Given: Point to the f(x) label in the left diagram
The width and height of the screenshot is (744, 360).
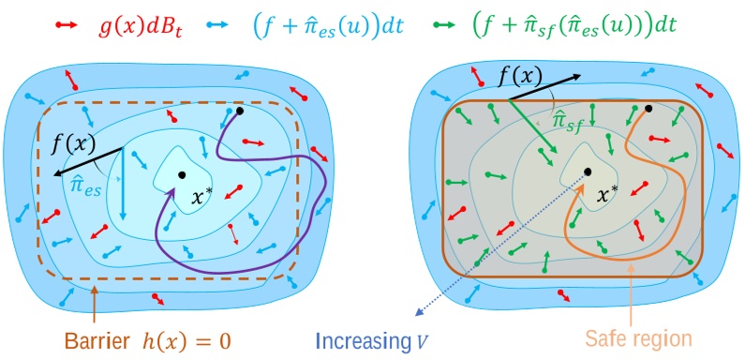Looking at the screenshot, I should click(x=72, y=145).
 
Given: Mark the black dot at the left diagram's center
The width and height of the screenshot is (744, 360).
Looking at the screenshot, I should click(x=181, y=175).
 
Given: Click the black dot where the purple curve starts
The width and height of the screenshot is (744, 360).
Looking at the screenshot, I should click(x=240, y=112).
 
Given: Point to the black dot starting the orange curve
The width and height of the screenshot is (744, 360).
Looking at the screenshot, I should click(x=647, y=109).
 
